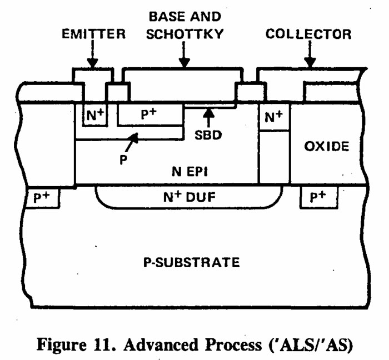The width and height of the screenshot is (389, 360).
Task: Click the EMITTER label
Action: click(93, 34)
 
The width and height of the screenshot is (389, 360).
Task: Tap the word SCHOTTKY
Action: click(181, 34)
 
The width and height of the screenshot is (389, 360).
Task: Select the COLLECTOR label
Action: click(308, 34)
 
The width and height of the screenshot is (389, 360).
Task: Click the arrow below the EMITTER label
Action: click(93, 55)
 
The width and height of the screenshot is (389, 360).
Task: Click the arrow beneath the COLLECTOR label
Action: click(310, 55)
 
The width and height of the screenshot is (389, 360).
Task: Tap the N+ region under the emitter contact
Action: click(93, 116)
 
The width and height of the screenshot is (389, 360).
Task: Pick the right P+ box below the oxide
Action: click(317, 198)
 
